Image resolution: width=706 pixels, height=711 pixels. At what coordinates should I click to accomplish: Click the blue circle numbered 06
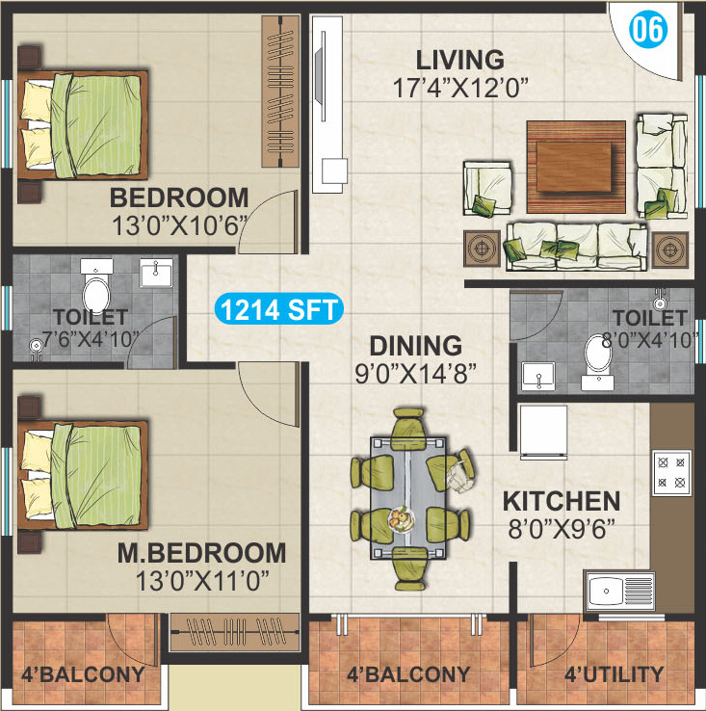click(648, 29)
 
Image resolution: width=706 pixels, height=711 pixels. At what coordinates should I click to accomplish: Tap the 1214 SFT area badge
click(279, 309)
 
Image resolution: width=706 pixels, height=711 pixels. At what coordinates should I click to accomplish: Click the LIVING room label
click(460, 60)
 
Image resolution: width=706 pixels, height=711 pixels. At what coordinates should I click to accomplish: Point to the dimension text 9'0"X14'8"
click(416, 374)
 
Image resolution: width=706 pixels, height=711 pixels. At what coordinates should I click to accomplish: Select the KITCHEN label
click(562, 501)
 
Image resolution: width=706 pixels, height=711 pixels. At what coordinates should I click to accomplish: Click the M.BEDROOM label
click(201, 553)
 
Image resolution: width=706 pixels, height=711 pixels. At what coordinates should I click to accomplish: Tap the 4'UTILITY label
click(614, 674)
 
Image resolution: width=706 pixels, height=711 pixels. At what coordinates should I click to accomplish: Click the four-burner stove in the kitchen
click(671, 472)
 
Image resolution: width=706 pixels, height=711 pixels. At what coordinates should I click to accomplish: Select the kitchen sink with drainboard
click(620, 591)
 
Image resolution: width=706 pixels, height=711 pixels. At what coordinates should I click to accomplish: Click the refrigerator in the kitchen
click(543, 432)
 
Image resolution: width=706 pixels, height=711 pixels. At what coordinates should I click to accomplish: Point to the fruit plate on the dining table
click(402, 518)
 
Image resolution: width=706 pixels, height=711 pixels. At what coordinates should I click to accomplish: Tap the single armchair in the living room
click(487, 187)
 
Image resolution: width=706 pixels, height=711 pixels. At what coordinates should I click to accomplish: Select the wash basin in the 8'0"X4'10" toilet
click(537, 376)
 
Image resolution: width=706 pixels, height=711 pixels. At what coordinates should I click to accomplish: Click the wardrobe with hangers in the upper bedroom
click(280, 92)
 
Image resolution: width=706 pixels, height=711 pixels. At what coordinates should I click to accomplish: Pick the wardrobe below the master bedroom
click(234, 632)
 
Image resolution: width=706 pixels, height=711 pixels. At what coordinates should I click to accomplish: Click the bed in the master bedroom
click(83, 475)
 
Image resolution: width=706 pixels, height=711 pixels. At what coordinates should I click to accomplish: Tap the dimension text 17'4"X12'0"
click(460, 88)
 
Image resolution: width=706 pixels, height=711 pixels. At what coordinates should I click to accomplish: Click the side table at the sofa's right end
click(670, 249)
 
